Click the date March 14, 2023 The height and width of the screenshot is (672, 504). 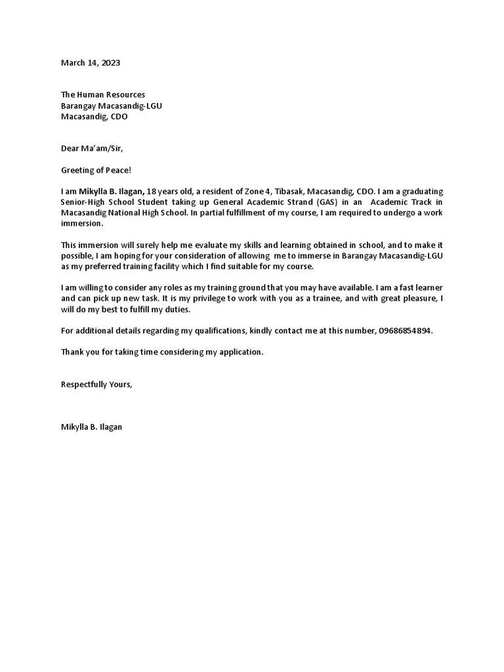click(91, 63)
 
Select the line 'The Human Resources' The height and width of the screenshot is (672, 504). click(103, 95)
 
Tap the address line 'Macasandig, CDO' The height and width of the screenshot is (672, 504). click(94, 117)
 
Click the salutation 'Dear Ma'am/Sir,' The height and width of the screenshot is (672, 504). click(92, 148)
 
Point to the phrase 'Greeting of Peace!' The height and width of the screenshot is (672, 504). click(96, 170)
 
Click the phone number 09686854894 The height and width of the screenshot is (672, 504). click(405, 331)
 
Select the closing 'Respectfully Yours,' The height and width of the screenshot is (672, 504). click(96, 384)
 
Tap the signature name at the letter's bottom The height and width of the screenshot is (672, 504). click(91, 427)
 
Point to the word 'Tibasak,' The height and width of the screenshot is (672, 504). click(284, 192)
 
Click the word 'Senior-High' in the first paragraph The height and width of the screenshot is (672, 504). click(85, 202)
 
